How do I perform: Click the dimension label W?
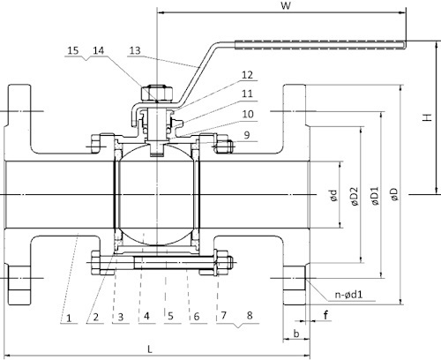pyautogui.click(x=284, y=7)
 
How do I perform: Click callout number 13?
pyautogui.click(x=135, y=51)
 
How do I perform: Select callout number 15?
pyautogui.click(x=72, y=51)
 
